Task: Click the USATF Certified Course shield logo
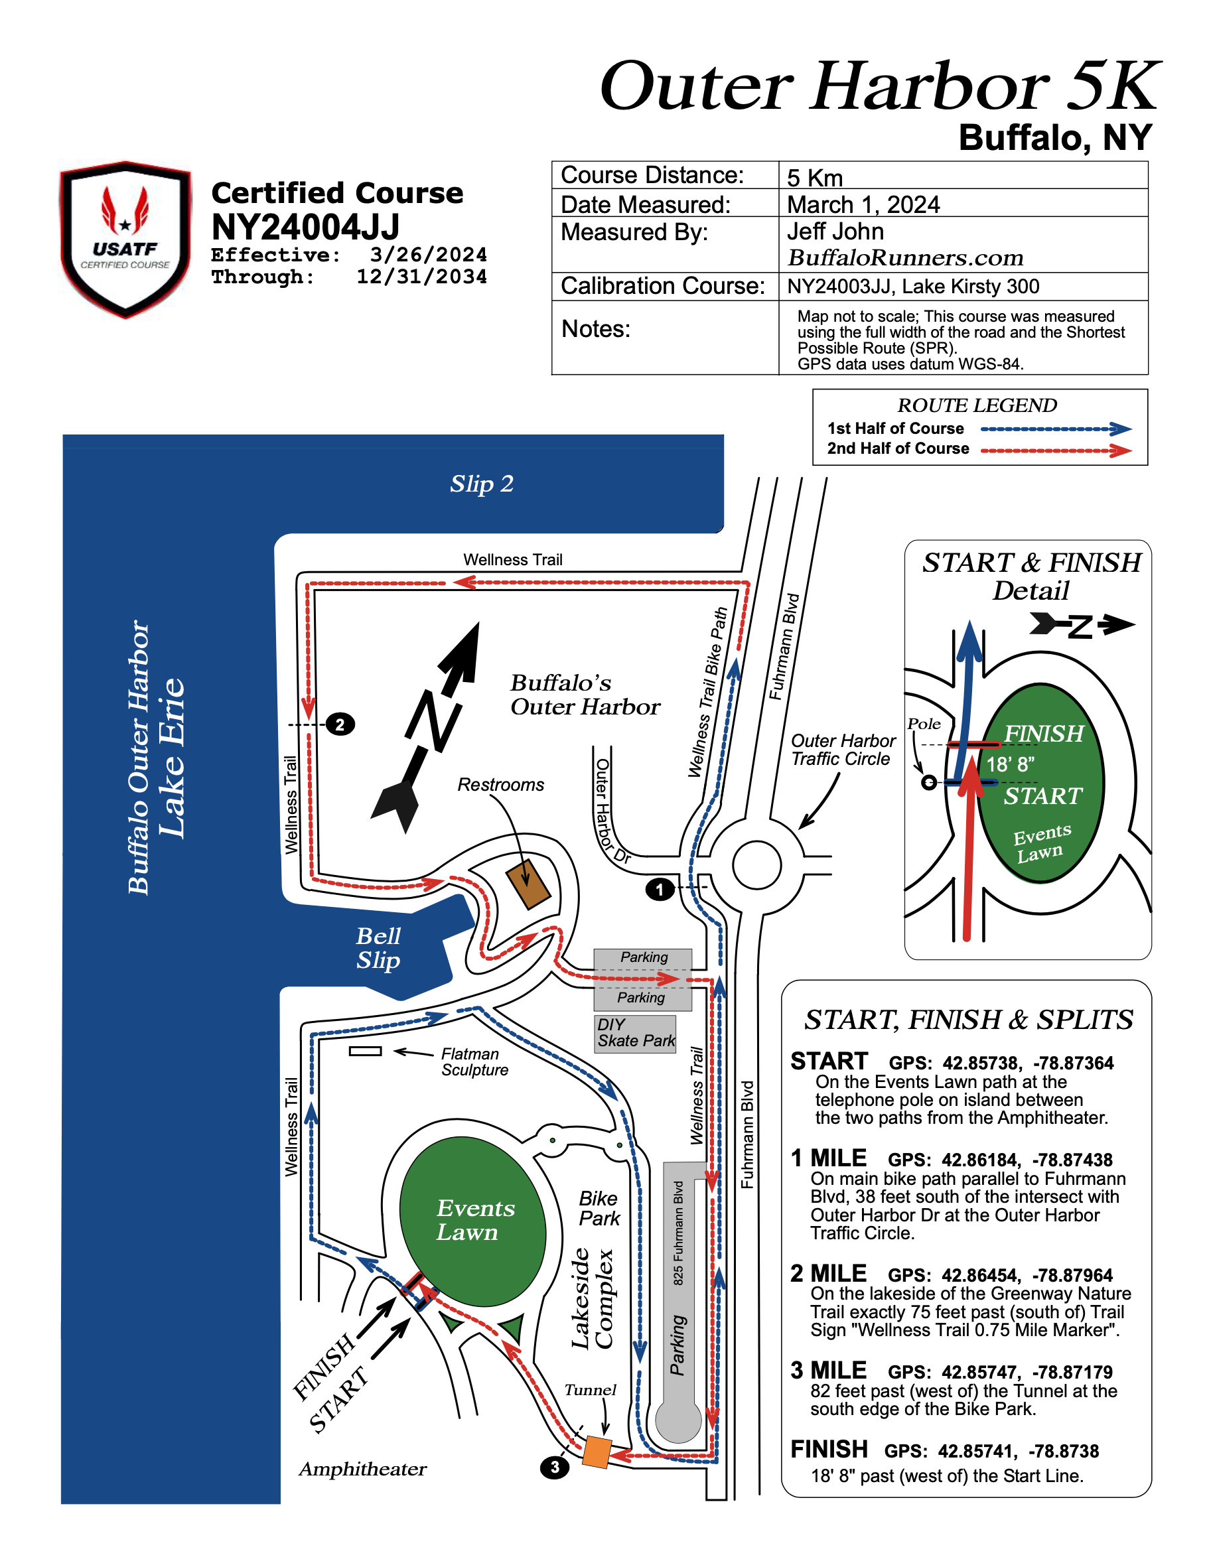(125, 239)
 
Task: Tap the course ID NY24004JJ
(306, 228)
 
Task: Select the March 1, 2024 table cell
(863, 204)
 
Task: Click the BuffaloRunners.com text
(905, 257)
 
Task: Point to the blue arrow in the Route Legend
(1056, 429)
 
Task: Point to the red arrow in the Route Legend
(1056, 450)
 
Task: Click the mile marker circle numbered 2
(340, 724)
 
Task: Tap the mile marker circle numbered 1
(660, 890)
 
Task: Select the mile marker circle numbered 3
(554, 1467)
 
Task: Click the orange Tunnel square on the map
(597, 1452)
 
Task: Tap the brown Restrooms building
(528, 884)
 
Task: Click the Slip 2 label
(482, 484)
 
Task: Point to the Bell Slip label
(378, 948)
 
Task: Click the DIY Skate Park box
(635, 1033)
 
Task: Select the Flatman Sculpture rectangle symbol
(365, 1051)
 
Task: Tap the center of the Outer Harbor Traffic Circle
(756, 865)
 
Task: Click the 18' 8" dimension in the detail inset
(1009, 765)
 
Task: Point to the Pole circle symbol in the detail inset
(928, 782)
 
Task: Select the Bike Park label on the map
(599, 1208)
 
